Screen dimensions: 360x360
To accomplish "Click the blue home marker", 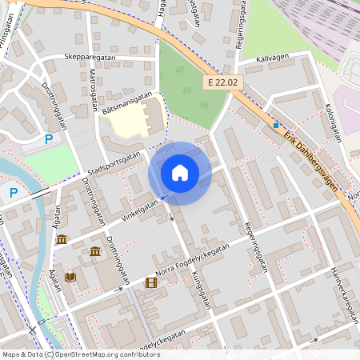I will coord(180,172).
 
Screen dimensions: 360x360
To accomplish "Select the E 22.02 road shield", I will coord(222,82).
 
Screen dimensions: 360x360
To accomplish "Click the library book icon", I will coord(70,277).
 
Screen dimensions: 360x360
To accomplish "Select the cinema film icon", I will coord(150,282).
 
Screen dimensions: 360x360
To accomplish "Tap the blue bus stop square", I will coord(276,126).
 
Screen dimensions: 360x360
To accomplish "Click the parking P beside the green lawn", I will coord(49,139).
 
